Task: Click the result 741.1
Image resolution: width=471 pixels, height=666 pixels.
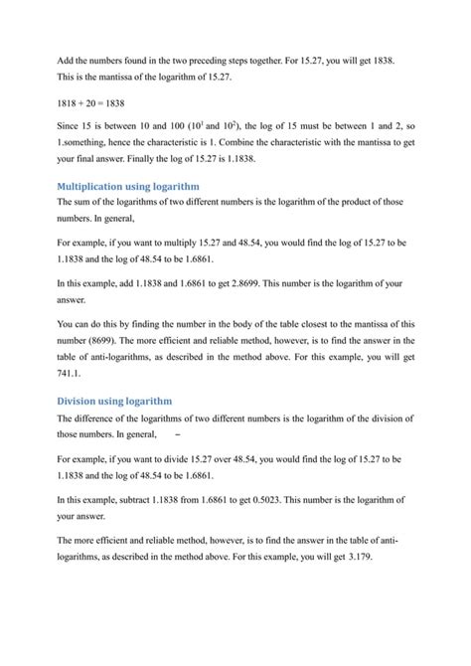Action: (x=72, y=376)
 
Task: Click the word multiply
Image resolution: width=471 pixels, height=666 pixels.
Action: (x=197, y=241)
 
